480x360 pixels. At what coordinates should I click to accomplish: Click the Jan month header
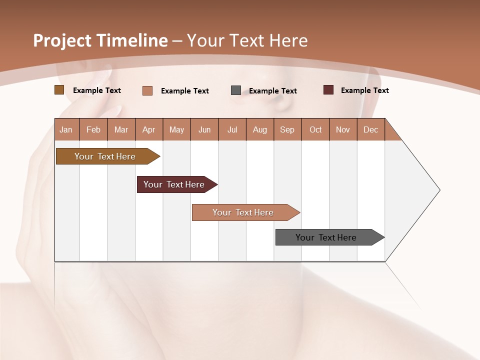[x=66, y=129]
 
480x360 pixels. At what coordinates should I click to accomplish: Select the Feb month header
[x=93, y=129]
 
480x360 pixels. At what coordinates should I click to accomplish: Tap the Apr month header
[x=148, y=129]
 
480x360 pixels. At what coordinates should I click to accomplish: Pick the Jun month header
[x=204, y=129]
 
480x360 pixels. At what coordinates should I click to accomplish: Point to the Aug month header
[x=259, y=129]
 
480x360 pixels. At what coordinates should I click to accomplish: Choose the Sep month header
[x=287, y=129]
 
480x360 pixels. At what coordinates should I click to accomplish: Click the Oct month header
[x=315, y=129]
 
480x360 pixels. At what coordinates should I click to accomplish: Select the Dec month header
[x=370, y=129]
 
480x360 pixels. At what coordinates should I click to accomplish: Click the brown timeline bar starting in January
[x=105, y=156]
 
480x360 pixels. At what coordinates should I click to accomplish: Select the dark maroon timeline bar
[x=174, y=184]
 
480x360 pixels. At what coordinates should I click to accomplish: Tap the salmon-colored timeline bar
[x=243, y=212]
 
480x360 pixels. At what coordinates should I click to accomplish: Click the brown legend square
[x=59, y=90]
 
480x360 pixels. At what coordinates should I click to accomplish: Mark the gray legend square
[x=236, y=90]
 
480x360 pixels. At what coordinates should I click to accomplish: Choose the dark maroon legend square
[x=328, y=90]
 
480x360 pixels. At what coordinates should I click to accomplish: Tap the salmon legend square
[x=147, y=90]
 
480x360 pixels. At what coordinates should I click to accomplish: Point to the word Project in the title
[x=62, y=40]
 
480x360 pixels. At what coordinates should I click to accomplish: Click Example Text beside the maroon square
[x=364, y=90]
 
